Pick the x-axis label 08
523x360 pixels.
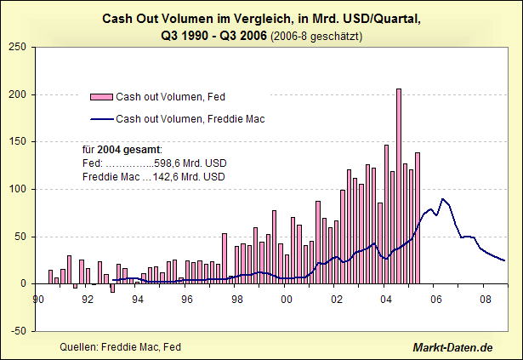(x=486, y=299)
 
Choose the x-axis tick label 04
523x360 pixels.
(x=386, y=299)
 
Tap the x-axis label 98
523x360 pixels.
(x=237, y=299)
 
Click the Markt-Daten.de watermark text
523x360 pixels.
(x=452, y=347)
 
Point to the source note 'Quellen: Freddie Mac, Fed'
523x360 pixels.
(x=120, y=347)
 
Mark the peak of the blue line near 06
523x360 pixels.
(x=442, y=199)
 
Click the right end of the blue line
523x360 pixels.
(x=504, y=260)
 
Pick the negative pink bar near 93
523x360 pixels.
(x=112, y=288)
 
